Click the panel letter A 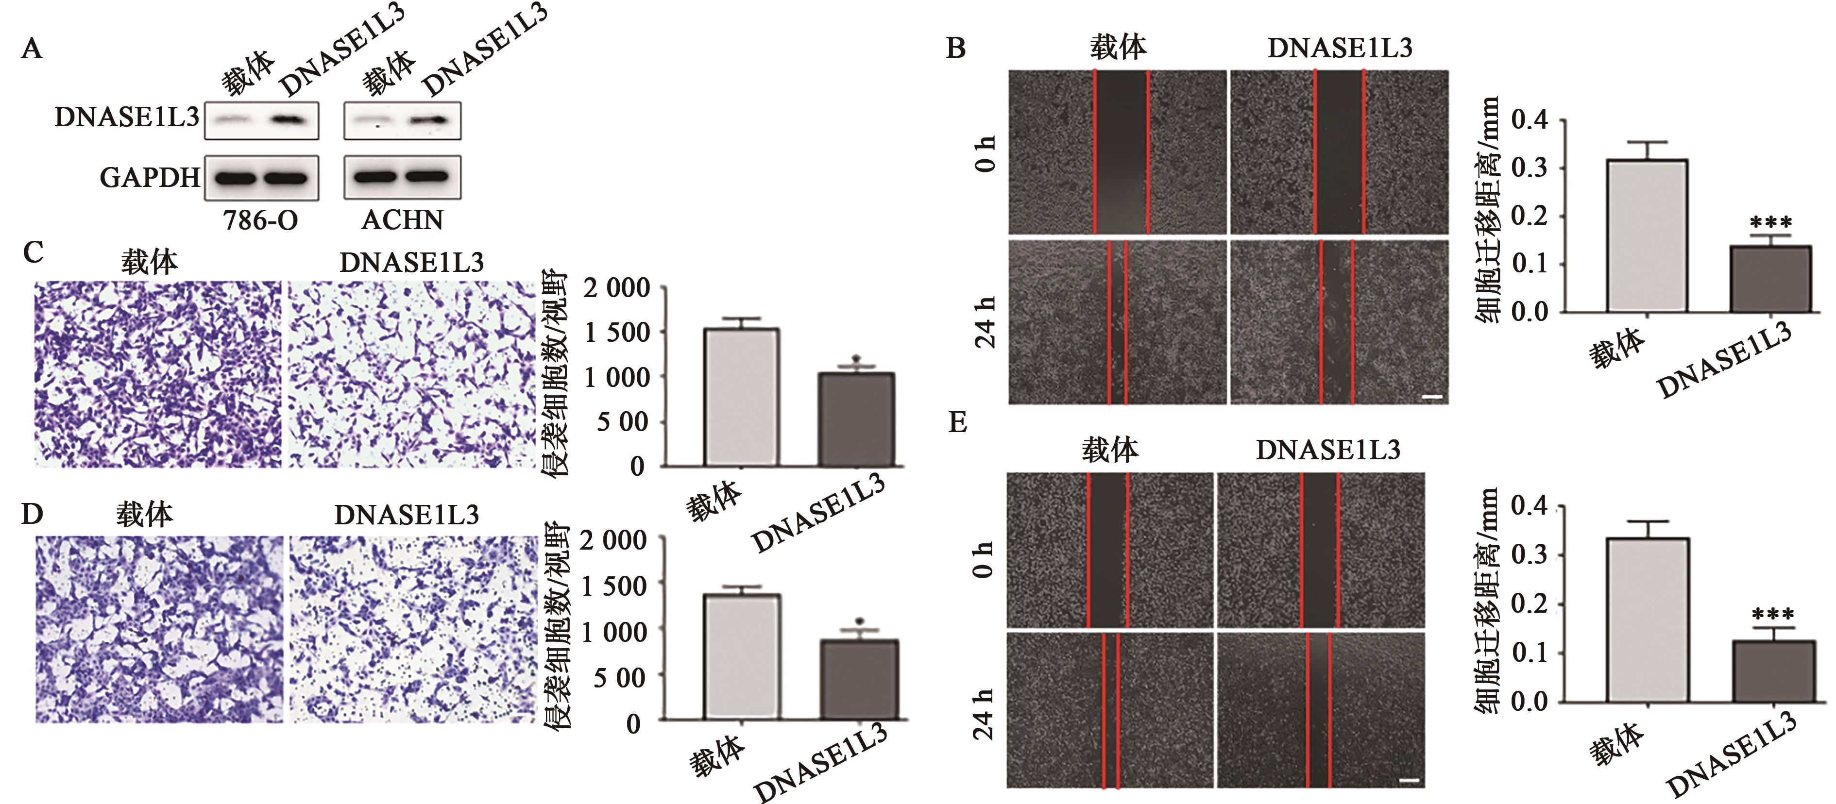pos(32,49)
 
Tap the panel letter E pos(957,422)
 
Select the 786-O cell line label pos(260,220)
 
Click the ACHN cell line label pos(402,220)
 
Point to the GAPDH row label pos(150,177)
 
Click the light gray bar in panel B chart pos(1647,235)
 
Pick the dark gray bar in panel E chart pos(1773,671)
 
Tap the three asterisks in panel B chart pos(1770,222)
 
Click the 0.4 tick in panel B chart pos(1530,119)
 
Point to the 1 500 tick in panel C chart pos(617,332)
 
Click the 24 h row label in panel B pos(985,322)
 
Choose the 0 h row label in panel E pos(983,559)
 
